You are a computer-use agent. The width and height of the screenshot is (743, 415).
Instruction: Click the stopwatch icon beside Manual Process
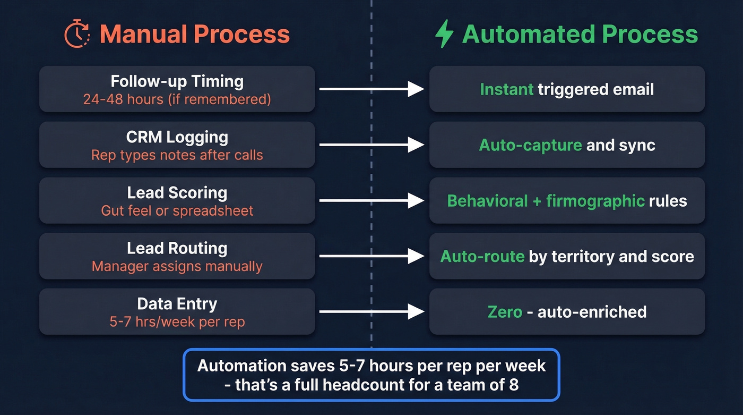(x=77, y=34)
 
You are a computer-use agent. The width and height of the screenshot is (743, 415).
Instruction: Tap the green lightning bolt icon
(x=444, y=34)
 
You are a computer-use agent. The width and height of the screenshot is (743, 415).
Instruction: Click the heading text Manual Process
(x=195, y=34)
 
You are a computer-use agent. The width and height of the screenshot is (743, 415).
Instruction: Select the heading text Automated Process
(x=580, y=34)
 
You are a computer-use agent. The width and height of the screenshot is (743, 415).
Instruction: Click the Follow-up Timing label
(x=177, y=81)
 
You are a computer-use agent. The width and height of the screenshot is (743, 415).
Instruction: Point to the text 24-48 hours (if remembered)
(x=177, y=99)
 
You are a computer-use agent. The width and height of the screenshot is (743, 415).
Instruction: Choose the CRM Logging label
(x=177, y=137)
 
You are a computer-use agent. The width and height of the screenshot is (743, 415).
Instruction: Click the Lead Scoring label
(x=177, y=192)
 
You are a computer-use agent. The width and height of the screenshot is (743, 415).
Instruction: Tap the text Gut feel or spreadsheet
(x=177, y=210)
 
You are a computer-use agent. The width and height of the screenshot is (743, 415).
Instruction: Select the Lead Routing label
(x=177, y=248)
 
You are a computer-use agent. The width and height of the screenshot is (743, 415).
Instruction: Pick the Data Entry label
(x=177, y=303)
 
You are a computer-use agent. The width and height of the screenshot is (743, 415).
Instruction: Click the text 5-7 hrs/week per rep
(x=177, y=321)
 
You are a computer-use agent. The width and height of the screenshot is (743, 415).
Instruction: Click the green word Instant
(x=506, y=89)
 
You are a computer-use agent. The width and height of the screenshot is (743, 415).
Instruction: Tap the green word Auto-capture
(x=530, y=145)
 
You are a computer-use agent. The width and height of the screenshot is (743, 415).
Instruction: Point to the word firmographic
(x=595, y=201)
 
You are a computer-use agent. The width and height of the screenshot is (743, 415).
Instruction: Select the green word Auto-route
(x=482, y=257)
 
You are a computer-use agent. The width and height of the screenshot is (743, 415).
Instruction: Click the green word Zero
(x=505, y=311)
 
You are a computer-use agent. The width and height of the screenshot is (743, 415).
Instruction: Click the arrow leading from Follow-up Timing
(x=371, y=89)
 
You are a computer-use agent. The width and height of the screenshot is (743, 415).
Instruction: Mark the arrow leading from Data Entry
(x=371, y=311)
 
